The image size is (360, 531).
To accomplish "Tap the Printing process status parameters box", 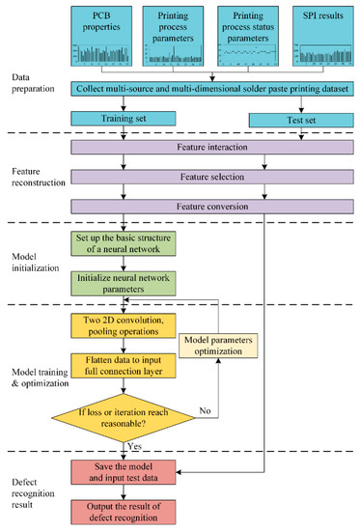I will coord(247,36).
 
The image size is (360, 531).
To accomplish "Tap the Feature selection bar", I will coord(213,179).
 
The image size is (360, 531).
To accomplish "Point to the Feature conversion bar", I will coord(213,207).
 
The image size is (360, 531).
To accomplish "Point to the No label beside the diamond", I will coord(204,410).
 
